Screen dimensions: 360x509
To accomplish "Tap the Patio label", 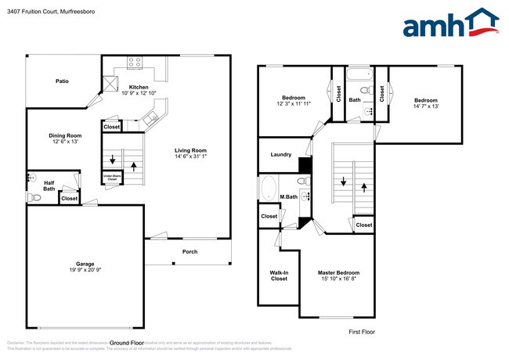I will click(x=62, y=81).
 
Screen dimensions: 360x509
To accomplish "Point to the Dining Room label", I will click(x=66, y=135).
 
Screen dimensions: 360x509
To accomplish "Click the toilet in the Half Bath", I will click(x=33, y=198).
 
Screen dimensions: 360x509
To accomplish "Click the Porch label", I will click(x=190, y=251).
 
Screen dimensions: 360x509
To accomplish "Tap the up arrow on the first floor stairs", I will click(x=365, y=187).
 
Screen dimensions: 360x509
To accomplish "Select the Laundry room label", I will click(x=280, y=155).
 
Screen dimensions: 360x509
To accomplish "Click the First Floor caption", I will click(x=361, y=332).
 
